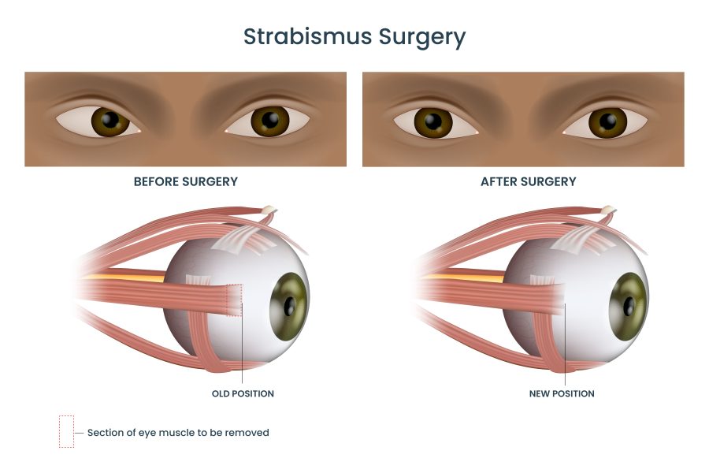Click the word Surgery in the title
click(x=422, y=38)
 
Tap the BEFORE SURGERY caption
click(x=186, y=181)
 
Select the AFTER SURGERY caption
click(x=528, y=181)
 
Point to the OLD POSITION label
click(x=243, y=394)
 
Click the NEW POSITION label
click(x=562, y=394)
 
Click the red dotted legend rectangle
click(x=66, y=431)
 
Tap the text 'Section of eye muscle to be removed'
click(x=178, y=433)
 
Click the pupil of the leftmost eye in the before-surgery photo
click(x=110, y=120)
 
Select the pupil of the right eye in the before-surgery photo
click(x=270, y=120)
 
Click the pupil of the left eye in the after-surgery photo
click(x=433, y=121)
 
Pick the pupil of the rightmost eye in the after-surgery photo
click(x=607, y=121)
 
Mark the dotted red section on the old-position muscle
click(x=234, y=300)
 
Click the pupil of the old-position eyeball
click(x=289, y=307)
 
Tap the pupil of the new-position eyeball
click(x=629, y=307)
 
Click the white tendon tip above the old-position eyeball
click(x=269, y=210)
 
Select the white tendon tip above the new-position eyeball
click(x=609, y=210)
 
